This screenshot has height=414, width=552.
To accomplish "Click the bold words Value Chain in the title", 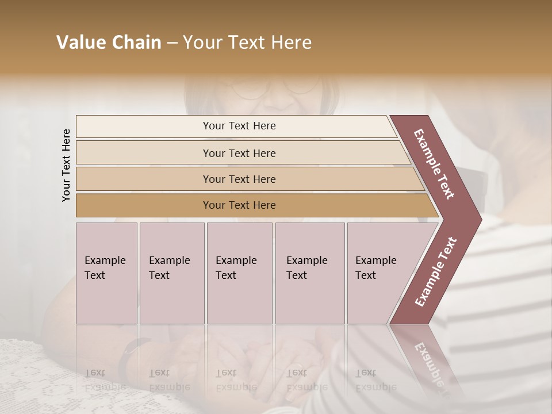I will (109, 43).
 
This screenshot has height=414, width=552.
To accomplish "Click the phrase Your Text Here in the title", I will (247, 43).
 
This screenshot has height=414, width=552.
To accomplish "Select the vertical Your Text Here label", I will (66, 165).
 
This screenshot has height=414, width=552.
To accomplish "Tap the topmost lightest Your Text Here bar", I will (239, 126).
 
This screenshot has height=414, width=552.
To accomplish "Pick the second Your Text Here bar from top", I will (239, 153).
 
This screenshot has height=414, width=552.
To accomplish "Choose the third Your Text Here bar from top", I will (239, 179).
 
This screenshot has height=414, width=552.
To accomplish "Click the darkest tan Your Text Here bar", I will (239, 205).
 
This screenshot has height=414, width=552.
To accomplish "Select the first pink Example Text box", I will (106, 273).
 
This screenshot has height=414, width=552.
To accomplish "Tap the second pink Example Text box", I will (171, 273).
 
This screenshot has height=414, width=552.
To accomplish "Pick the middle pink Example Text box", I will (239, 273).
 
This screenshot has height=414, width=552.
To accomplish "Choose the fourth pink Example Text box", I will (309, 273).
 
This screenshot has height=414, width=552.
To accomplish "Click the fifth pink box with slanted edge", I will (379, 273).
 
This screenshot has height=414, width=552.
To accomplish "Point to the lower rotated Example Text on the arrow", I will (436, 271).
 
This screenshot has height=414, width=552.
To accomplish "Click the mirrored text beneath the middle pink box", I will (236, 379).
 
